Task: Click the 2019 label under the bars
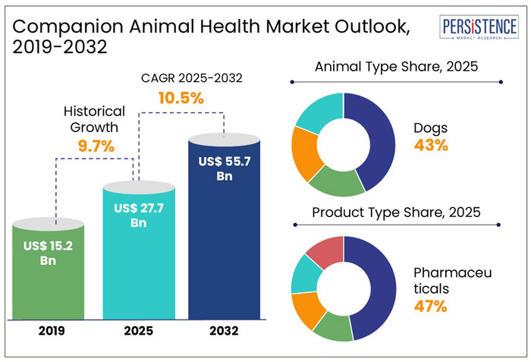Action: (x=49, y=331)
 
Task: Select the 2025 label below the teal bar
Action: (x=137, y=331)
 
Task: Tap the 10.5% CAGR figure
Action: (x=181, y=98)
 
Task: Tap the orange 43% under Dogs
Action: (x=431, y=144)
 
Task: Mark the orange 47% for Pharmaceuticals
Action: (x=431, y=307)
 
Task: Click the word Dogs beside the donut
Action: (x=431, y=127)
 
